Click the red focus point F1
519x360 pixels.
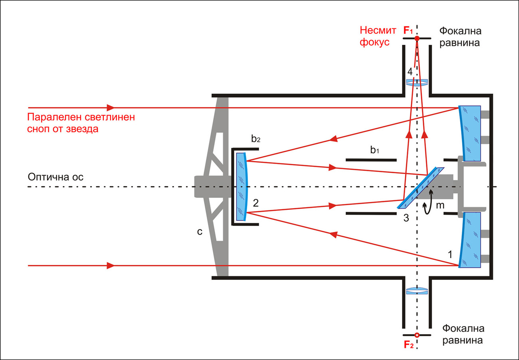[417, 38]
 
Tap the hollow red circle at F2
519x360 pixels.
[417, 335]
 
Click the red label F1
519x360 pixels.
[408, 30]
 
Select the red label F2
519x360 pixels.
[409, 345]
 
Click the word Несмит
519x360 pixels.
[378, 30]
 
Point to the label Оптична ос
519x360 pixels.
[55, 177]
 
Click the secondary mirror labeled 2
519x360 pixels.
[242, 187]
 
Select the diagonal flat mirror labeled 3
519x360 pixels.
[420, 188]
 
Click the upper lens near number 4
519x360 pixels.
[417, 82]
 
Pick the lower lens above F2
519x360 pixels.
[417, 291]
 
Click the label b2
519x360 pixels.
[256, 139]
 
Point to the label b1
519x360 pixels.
[374, 150]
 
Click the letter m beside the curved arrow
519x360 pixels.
[440, 205]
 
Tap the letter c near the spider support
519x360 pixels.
[200, 231]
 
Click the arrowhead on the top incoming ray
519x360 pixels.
[111, 108]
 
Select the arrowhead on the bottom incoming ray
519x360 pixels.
[111, 265]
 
